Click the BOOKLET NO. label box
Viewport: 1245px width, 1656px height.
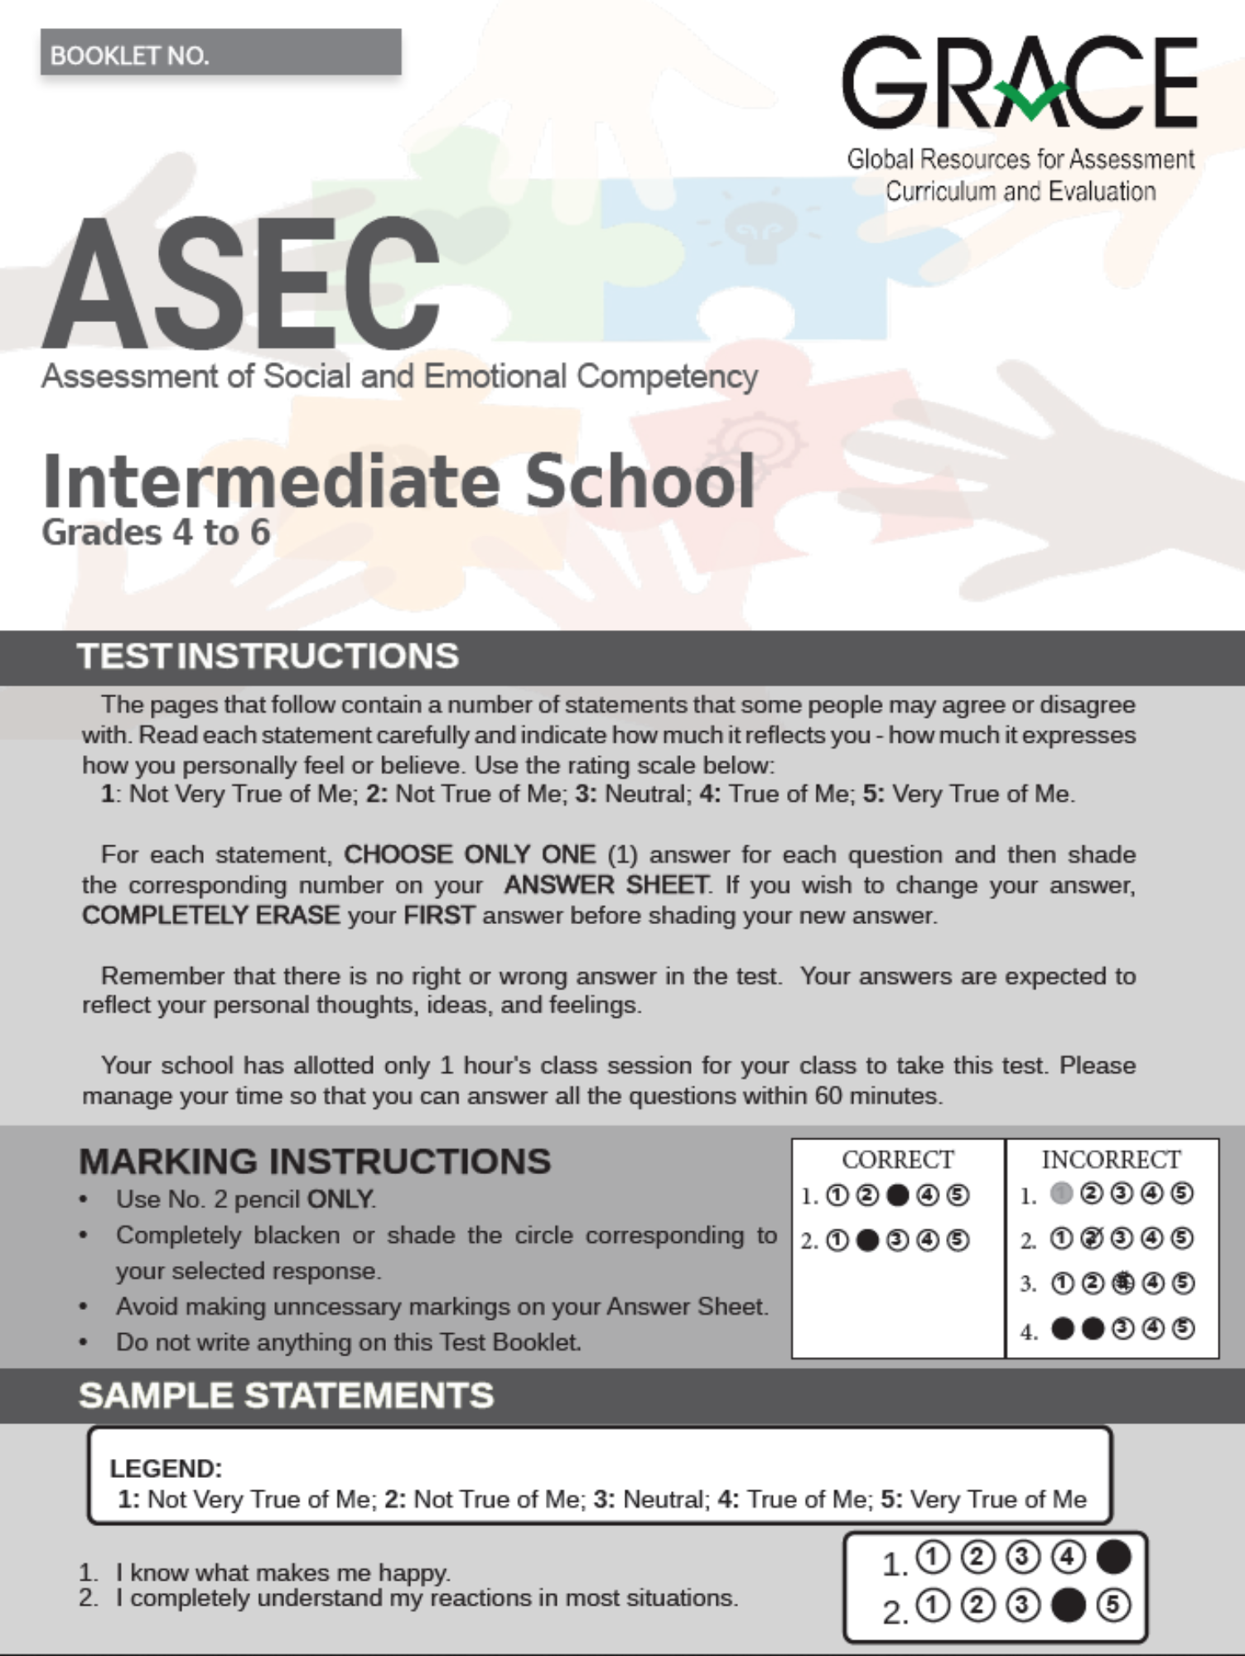tap(220, 53)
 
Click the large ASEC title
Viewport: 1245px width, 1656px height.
tap(241, 284)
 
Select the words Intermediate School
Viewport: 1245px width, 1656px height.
tap(398, 481)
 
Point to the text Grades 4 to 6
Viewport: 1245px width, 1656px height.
tap(156, 532)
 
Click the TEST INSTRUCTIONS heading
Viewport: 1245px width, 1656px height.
tap(268, 657)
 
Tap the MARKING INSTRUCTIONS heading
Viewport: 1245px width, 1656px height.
tap(315, 1162)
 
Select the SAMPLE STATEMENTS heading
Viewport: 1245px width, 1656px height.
tap(287, 1395)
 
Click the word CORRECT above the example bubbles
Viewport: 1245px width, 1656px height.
tap(898, 1160)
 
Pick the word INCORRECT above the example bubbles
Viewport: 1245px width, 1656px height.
tap(1111, 1160)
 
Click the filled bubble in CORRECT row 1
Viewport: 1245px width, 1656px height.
tap(897, 1196)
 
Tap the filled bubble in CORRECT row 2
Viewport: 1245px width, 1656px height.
tap(867, 1240)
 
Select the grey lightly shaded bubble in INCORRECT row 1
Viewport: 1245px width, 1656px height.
tap(1061, 1193)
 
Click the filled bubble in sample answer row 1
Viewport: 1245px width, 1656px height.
tap(1113, 1557)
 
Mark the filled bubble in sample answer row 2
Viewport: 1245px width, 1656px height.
tap(1068, 1605)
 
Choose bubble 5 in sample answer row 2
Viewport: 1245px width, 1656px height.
tap(1113, 1605)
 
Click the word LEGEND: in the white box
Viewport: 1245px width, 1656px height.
tap(166, 1468)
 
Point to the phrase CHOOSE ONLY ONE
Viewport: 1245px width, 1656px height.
tap(470, 854)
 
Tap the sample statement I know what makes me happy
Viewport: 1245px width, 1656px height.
tap(282, 1572)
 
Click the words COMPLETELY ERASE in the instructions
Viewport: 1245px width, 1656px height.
tap(210, 915)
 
